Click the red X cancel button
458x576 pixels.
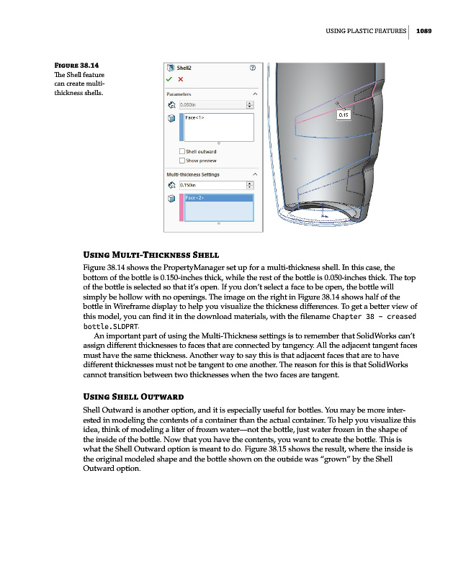[181, 79]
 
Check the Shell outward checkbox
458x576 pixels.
[181, 151]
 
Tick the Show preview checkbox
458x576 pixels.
[181, 161]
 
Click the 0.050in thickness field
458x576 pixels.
[211, 104]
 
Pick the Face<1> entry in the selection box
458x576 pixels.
[197, 117]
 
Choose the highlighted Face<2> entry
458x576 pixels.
[196, 198]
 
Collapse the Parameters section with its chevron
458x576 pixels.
[254, 94]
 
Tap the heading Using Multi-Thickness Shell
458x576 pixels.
[152, 255]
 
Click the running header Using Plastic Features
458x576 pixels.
[366, 30]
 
